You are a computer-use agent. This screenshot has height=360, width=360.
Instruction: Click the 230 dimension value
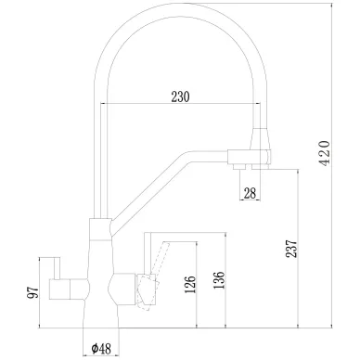tap(180, 96)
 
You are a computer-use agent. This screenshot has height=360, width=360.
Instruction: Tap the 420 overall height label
tap(325, 154)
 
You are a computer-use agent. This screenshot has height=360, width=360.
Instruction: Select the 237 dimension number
tap(291, 249)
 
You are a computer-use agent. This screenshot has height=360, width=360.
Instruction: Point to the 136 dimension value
tap(219, 280)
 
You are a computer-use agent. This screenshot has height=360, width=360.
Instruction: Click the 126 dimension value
tap(190, 285)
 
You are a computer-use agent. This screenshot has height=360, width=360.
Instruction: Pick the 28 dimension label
tap(250, 194)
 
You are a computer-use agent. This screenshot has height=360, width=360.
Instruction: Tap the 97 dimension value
tap(33, 292)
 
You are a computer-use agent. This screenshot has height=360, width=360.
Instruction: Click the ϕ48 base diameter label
tap(101, 349)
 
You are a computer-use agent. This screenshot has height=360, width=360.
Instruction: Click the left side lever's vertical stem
tap(57, 268)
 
